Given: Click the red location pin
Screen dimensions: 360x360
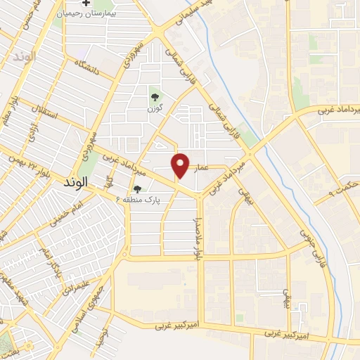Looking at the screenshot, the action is tap(181, 165).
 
